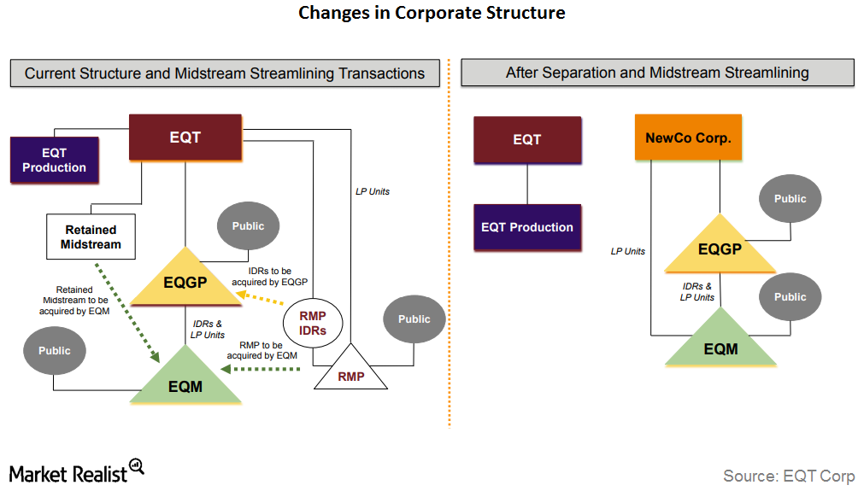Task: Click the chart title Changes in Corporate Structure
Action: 432,13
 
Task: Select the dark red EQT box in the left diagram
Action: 185,137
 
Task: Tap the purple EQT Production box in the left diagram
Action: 54,161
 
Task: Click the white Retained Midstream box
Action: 91,237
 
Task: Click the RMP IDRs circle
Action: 312,324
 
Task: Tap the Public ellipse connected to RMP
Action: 414,319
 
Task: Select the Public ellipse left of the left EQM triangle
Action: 55,350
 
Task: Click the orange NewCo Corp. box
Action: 688,137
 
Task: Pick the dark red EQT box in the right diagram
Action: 527,139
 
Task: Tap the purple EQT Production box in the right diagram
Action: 527,227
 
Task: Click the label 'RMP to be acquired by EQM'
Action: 268,350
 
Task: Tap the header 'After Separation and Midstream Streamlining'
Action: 656,73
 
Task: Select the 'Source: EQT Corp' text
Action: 788,476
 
